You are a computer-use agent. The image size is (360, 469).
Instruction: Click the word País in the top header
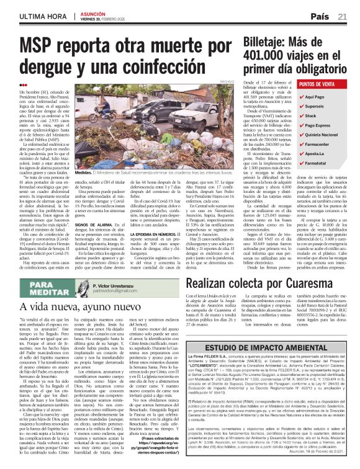(x=321, y=16)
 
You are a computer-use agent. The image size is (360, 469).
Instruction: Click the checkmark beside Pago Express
(x=301, y=125)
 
